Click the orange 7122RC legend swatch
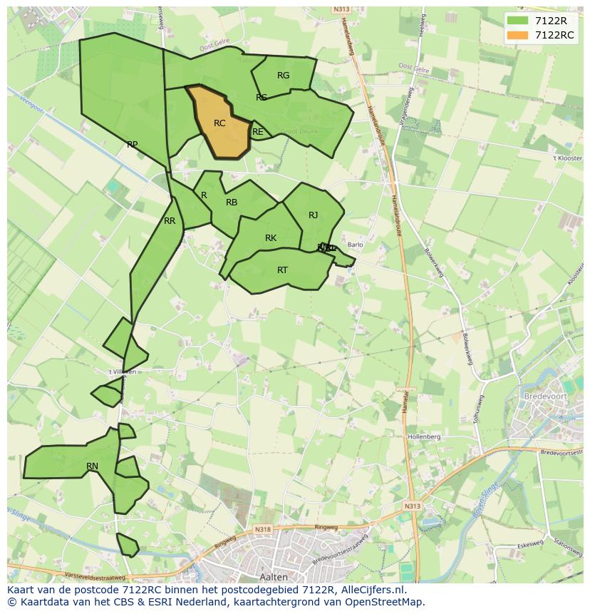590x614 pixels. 518,35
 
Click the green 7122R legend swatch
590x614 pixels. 518,21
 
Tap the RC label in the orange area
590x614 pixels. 219,123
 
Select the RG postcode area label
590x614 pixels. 283,76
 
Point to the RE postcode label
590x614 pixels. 258,132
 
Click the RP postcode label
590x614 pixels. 132,145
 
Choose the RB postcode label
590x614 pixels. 232,203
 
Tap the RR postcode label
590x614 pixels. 170,221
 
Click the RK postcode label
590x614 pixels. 271,238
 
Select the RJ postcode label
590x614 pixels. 314,215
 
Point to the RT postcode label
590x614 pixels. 283,270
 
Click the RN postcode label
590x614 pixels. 92,466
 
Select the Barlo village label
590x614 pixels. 355,245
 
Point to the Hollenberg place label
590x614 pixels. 424,436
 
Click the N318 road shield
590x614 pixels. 263,529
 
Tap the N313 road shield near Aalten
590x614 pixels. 413,506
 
